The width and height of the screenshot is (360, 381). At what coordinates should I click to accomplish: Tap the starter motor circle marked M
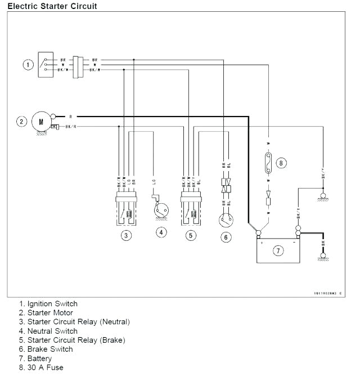coord(40,120)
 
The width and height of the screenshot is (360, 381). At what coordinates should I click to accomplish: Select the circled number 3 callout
coord(127,235)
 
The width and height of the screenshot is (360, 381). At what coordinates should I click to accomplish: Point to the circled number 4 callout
coord(161,232)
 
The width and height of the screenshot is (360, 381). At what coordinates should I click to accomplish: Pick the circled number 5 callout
coord(191,235)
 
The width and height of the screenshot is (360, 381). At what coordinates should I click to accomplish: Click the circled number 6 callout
coord(226,237)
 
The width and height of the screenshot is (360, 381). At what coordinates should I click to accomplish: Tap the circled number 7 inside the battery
coord(278,250)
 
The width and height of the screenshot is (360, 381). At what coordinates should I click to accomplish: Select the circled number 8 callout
coord(282,163)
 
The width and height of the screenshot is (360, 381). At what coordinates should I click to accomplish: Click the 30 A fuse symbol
coord(268,163)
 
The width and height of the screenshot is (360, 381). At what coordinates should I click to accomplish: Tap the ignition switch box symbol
coord(46,65)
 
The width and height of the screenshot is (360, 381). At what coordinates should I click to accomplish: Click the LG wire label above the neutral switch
coord(154,182)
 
